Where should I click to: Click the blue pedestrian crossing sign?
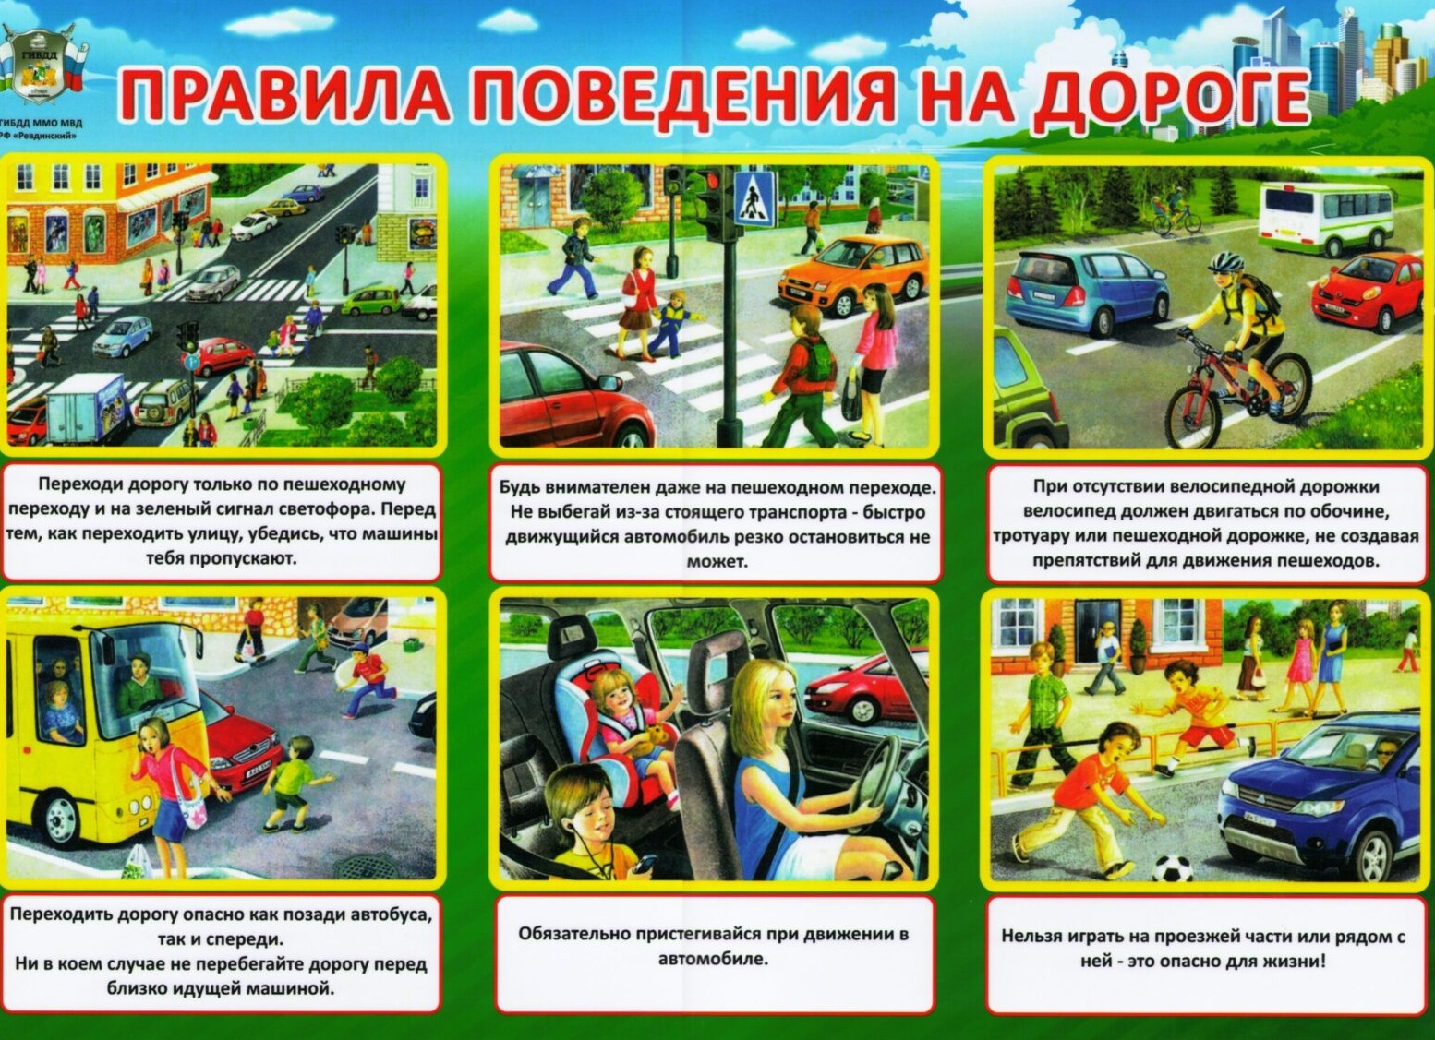[754, 197]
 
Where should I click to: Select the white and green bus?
[1326, 218]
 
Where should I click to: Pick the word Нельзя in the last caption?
[1031, 937]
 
